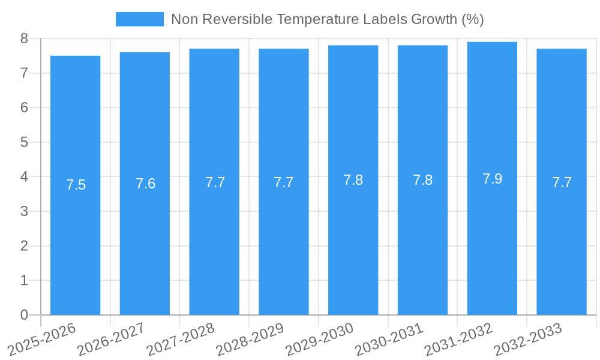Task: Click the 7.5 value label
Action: point(76,185)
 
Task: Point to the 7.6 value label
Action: point(145,184)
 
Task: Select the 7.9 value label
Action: point(492,179)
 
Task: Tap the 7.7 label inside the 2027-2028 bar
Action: point(215,182)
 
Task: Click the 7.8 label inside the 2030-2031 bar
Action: point(422,180)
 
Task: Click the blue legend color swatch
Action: point(139,19)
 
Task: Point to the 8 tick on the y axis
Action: point(24,38)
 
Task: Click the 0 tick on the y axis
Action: point(24,315)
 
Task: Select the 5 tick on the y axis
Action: point(24,142)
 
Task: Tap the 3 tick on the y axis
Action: point(24,211)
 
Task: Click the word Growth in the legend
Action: point(433,19)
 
